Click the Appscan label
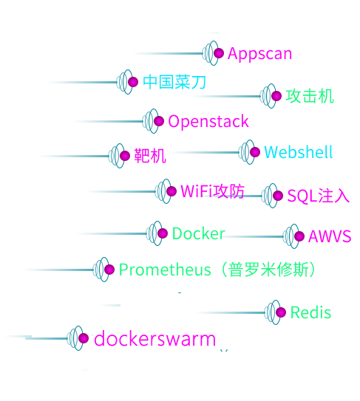(x=259, y=54)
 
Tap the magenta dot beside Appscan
(x=219, y=53)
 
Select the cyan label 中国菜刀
(x=174, y=82)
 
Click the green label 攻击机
(x=310, y=96)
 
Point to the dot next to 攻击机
(x=276, y=96)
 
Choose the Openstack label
(x=208, y=121)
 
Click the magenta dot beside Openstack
(x=159, y=121)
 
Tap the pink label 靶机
(x=150, y=156)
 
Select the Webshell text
(x=298, y=152)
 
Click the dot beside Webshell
(x=255, y=152)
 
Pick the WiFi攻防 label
(x=212, y=191)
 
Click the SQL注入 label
(x=318, y=196)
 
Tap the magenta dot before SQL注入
(x=278, y=196)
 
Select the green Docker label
(x=198, y=233)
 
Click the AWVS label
(x=330, y=236)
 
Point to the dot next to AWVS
(x=299, y=236)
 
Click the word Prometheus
(x=165, y=270)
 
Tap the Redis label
(x=310, y=312)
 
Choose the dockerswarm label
(x=155, y=339)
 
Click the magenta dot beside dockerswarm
(x=84, y=338)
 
